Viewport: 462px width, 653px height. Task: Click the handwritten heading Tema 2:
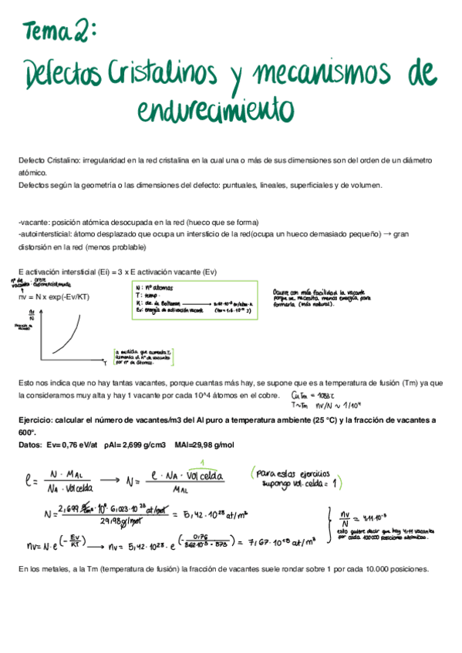60,32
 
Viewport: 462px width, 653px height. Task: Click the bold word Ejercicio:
39,420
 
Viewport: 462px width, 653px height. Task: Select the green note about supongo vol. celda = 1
298,478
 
